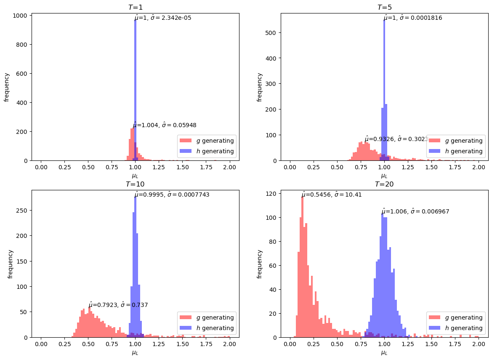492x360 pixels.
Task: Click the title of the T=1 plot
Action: pos(135,8)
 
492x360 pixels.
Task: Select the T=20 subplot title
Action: pos(384,184)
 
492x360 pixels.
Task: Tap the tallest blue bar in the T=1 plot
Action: pos(135,88)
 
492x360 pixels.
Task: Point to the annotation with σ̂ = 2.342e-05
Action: pos(163,18)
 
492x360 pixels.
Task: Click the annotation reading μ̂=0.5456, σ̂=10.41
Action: pos(332,195)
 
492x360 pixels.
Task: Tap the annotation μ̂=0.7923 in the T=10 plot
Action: pos(118,305)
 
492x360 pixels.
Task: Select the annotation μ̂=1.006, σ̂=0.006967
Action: pos(415,211)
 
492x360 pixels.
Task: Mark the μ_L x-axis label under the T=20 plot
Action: pos(384,352)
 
